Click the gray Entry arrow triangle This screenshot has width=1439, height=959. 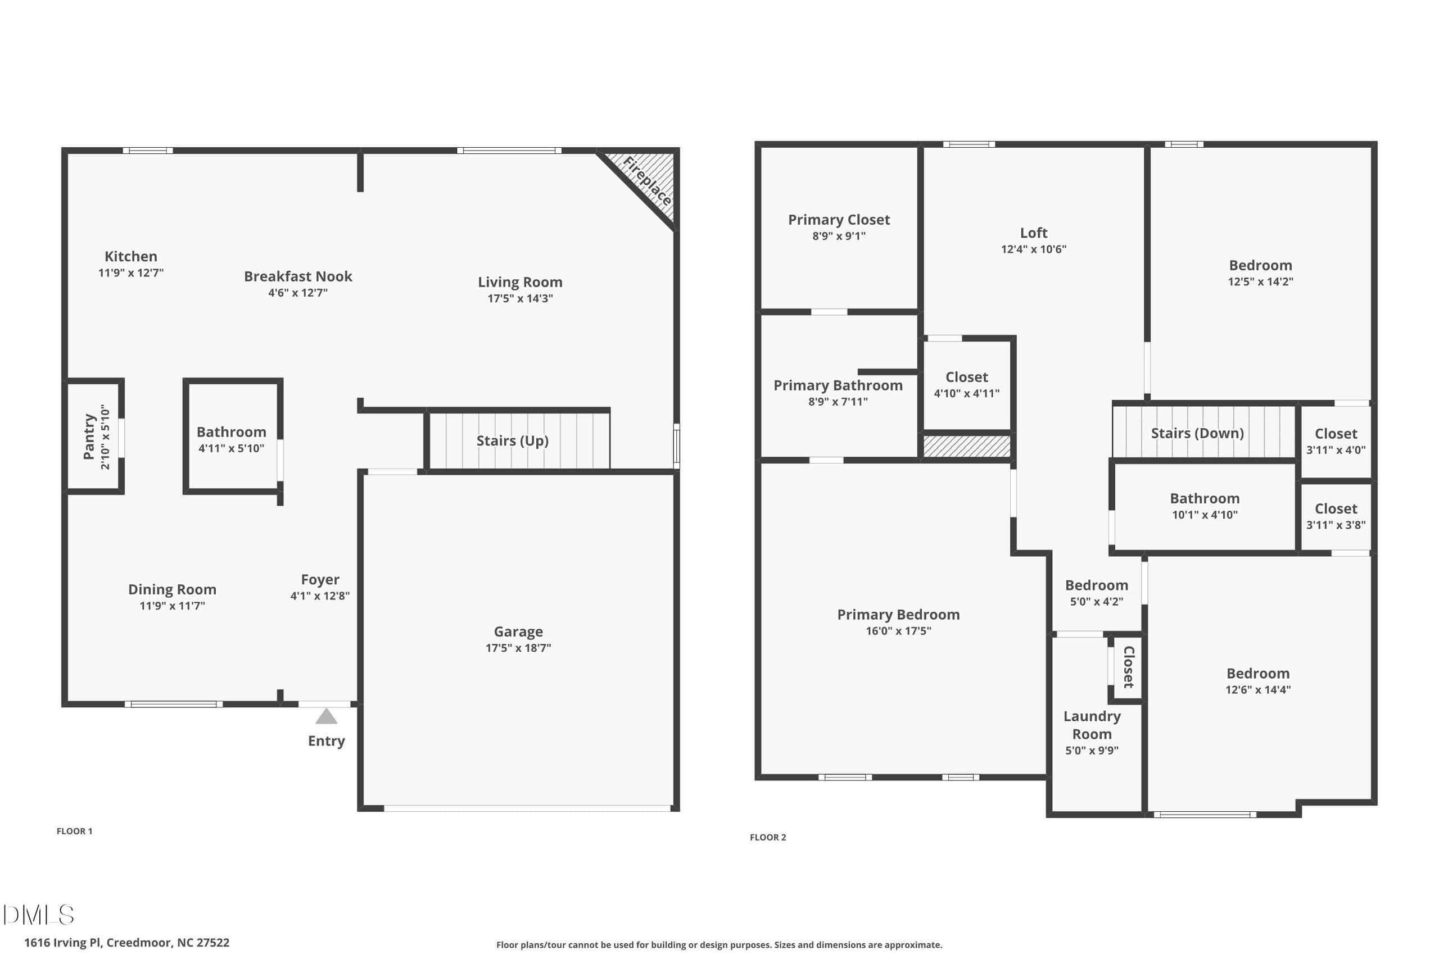click(x=326, y=716)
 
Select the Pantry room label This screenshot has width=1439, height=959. click(x=89, y=437)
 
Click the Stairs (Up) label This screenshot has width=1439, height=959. click(x=513, y=441)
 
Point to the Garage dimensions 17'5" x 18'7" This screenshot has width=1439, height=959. click(x=518, y=648)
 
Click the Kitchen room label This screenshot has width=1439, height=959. click(x=131, y=256)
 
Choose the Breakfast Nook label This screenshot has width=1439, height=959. click(x=298, y=276)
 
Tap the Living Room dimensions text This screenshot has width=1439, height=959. click(x=520, y=298)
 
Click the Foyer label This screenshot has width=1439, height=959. click(x=320, y=580)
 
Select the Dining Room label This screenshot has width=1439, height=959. click(x=172, y=589)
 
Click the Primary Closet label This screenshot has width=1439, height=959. click(x=839, y=220)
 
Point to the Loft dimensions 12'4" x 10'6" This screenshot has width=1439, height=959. click(x=1033, y=249)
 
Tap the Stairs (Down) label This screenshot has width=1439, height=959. click(x=1197, y=434)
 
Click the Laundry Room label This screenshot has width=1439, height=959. click(x=1092, y=725)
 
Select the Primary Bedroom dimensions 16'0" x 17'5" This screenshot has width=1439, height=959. click(x=898, y=630)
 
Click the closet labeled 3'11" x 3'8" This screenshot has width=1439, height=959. click(x=1336, y=516)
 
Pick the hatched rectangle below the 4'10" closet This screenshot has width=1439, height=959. click(x=967, y=446)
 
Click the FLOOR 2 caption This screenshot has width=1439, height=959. click(x=768, y=837)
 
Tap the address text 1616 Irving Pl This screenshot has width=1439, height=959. click(x=63, y=943)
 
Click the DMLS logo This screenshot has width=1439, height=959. click(x=39, y=915)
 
